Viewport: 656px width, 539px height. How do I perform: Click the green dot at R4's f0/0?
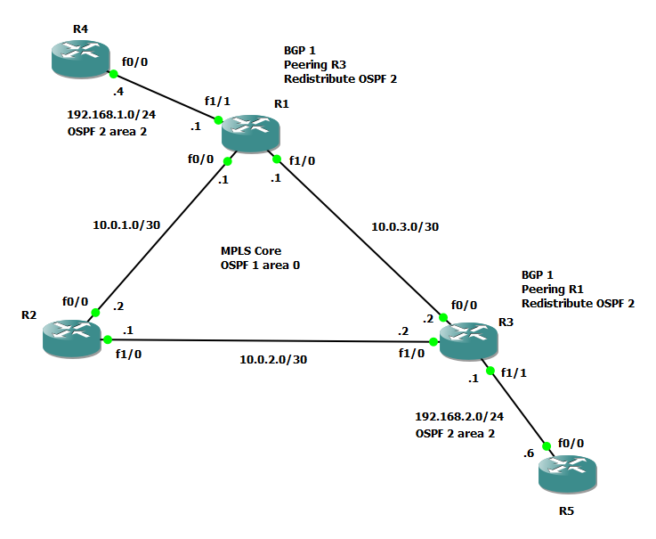click(x=113, y=75)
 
